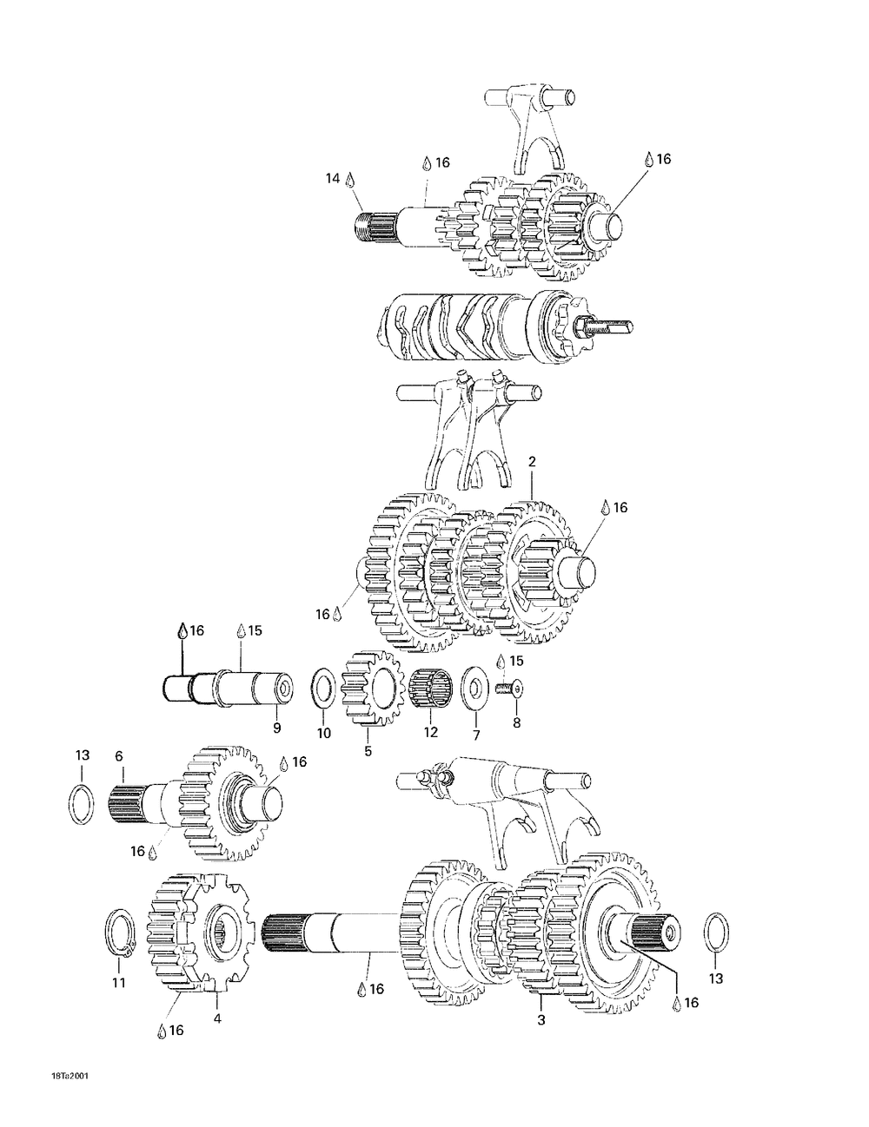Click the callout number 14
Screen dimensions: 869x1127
[x=332, y=178]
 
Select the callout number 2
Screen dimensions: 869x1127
[x=532, y=462]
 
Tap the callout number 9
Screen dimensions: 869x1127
[x=276, y=728]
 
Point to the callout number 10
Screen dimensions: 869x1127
[x=323, y=734]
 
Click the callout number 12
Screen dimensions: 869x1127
[x=431, y=732]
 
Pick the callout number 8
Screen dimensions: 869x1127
[x=516, y=722]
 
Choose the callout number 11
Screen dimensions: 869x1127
[x=119, y=983]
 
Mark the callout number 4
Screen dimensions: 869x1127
[x=217, y=1018]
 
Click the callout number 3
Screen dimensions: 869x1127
[x=541, y=1020]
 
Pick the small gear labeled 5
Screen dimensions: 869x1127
[x=373, y=689]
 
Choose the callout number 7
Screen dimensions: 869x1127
[x=476, y=735]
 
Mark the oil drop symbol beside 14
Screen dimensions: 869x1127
[x=350, y=180]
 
